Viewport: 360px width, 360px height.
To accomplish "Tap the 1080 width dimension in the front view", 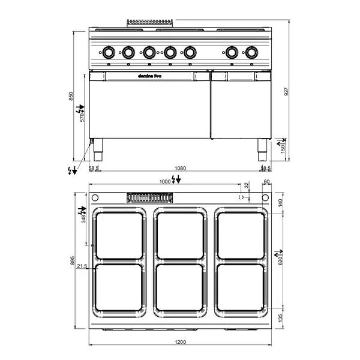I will pyautogui.click(x=179, y=169).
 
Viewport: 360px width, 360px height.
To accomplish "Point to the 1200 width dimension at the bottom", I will pyautogui.click(x=181, y=342).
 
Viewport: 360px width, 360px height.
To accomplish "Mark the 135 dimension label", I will pyautogui.click(x=280, y=317).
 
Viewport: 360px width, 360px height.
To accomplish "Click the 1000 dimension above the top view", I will pyautogui.click(x=164, y=181).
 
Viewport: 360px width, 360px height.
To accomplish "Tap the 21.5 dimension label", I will pyautogui.click(x=82, y=266).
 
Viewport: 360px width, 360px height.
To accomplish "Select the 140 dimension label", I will pyautogui.click(x=280, y=203).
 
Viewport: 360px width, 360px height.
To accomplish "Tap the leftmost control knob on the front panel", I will pyautogui.click(x=109, y=53).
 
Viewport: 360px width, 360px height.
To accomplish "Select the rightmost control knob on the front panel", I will pyautogui.click(x=250, y=53).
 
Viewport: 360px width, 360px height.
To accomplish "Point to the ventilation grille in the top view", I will pyautogui.click(x=150, y=197).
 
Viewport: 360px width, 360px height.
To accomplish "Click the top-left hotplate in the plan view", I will pyautogui.click(x=119, y=235).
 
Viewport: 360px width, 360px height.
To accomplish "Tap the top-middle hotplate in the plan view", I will pyautogui.click(x=181, y=235).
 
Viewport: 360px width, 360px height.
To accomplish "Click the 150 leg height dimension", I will pyautogui.click(x=280, y=146).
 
